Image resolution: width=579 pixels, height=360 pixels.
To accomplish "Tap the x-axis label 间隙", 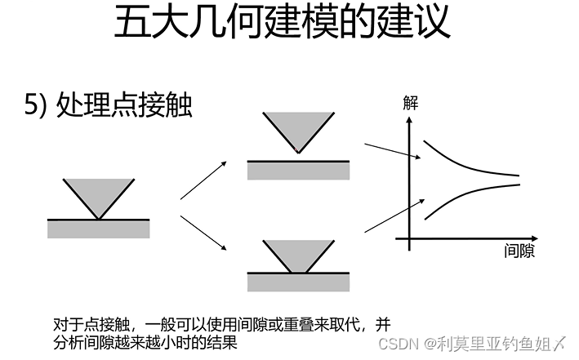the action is point(519,251).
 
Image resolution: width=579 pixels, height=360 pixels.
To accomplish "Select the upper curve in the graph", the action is point(465,162).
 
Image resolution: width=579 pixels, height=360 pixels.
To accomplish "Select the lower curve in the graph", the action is point(465,198).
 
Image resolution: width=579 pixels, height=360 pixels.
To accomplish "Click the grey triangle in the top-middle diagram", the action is point(298,127).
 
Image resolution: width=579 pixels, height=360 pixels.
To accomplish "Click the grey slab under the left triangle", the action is point(99,229).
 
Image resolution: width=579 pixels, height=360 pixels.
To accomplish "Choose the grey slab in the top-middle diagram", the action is point(298,170).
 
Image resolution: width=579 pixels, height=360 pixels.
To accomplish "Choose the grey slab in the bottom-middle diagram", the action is point(298,282).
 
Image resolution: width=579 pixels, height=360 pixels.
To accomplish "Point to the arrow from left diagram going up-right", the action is point(203,180).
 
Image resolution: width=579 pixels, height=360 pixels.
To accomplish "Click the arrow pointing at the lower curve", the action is point(393,214).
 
